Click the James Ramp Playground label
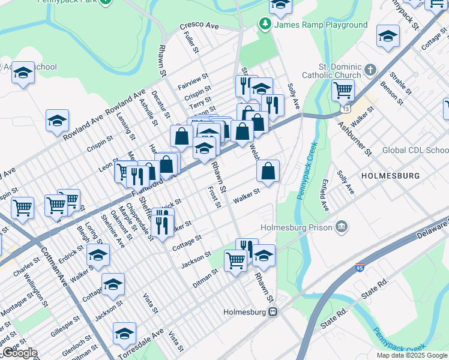[x=321, y=25]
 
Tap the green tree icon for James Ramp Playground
[x=264, y=24]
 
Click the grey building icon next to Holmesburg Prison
[x=341, y=226]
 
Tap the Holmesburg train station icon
[x=273, y=312]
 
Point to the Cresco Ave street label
[x=199, y=27]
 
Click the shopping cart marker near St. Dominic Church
[x=342, y=91]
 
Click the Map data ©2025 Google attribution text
[x=412, y=355]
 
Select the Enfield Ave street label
[x=324, y=199]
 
